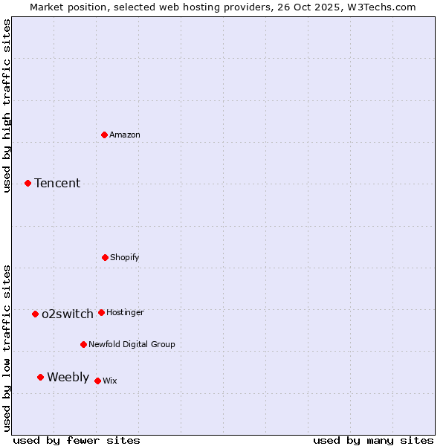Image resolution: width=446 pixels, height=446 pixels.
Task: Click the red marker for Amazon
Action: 105,135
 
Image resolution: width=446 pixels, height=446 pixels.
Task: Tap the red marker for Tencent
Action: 28,183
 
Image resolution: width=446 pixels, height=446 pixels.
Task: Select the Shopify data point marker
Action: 105,257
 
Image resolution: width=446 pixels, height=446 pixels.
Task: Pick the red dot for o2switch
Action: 35,314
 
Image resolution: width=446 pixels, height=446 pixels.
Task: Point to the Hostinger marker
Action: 101,312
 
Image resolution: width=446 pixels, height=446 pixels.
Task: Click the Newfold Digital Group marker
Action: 83,344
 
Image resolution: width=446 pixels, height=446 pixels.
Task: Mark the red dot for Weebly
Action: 40,377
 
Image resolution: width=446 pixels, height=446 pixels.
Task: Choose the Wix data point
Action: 97,381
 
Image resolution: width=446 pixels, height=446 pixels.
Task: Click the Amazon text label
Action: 125,135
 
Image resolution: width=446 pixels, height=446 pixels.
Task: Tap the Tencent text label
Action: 57,183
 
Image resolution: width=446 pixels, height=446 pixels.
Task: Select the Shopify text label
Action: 125,257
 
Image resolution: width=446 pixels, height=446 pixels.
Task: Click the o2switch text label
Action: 68,314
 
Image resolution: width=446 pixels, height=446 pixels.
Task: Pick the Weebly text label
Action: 68,377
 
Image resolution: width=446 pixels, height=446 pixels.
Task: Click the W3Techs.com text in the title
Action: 380,7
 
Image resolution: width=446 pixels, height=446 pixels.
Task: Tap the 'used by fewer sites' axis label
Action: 76,440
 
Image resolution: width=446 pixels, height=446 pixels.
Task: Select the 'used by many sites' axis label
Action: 373,440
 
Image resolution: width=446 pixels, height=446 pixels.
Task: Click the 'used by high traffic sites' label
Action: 7,106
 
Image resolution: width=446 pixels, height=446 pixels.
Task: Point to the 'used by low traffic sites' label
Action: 7,348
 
